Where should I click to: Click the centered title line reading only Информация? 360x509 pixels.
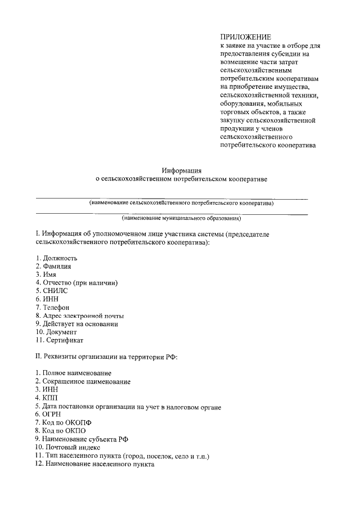point(181,170)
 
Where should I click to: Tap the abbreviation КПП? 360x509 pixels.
point(50,398)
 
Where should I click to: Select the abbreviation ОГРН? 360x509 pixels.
point(52,414)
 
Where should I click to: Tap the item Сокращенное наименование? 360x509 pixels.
point(86,381)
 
